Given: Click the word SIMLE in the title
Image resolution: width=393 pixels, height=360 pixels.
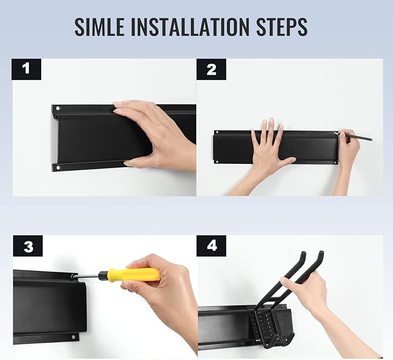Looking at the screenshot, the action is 99,26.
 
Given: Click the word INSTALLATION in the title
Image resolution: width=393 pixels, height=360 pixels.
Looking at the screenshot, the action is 190,26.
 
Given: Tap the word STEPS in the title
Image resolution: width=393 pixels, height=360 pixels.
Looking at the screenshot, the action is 282,26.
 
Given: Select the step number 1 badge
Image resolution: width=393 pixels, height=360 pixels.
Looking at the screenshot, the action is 26,69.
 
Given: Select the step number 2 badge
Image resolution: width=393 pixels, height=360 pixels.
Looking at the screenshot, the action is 211,69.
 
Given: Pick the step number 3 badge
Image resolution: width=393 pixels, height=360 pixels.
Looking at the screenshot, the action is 28,246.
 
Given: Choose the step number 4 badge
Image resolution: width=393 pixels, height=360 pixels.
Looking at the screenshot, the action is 211,246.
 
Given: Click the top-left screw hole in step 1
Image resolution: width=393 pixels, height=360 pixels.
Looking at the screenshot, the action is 58,109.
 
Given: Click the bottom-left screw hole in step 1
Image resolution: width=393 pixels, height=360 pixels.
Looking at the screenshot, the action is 58,167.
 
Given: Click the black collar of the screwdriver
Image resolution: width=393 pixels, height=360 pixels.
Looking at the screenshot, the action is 103,275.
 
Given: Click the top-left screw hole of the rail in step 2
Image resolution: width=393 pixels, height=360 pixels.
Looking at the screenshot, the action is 217,132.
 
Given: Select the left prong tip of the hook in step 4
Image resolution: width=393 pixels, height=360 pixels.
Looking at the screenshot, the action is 303,253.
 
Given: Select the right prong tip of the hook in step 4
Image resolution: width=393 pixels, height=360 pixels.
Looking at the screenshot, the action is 321,253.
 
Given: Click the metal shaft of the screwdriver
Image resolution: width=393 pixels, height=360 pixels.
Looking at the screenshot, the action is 86,276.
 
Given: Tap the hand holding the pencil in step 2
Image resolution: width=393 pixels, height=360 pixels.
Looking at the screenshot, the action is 348,148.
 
